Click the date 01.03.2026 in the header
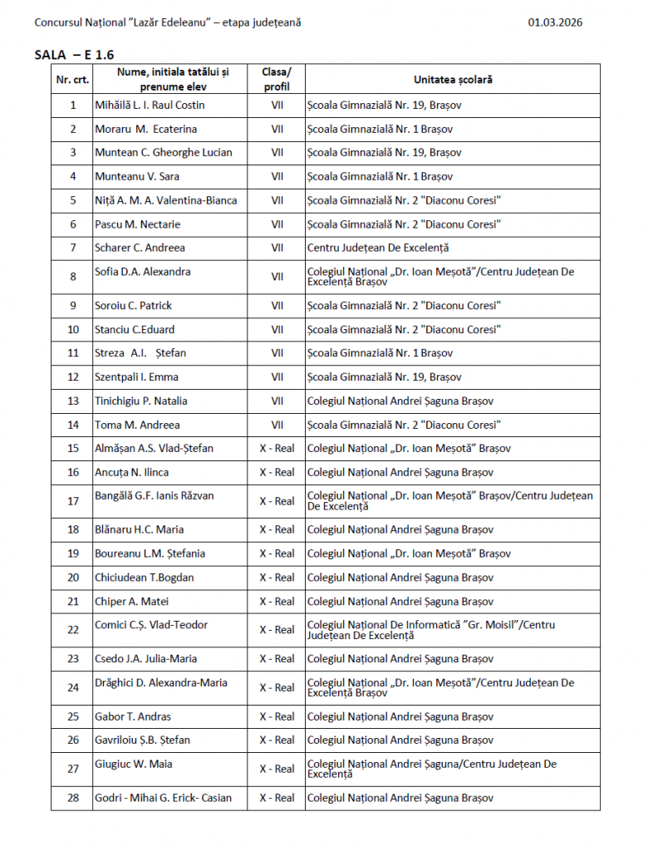[555, 22]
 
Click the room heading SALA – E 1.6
[74, 54]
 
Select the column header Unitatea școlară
[453, 79]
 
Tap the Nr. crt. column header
[72, 79]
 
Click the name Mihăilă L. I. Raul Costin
[150, 106]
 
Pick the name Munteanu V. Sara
[137, 176]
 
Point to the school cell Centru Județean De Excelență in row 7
[377, 248]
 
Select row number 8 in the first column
[72, 277]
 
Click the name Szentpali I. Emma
[137, 377]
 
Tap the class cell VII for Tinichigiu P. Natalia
[277, 401]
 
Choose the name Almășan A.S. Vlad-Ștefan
[154, 449]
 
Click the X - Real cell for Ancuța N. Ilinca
[277, 473]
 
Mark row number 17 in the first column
[72, 501]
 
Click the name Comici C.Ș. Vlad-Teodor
[151, 625]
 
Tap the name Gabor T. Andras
[133, 716]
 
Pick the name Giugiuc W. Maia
[134, 764]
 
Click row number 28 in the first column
[72, 798]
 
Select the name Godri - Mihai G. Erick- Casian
[163, 798]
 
